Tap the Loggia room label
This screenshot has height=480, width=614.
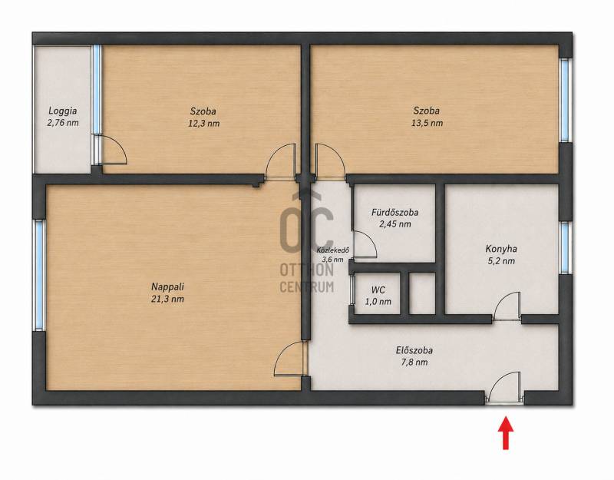(63, 111)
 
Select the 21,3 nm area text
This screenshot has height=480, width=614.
(167, 299)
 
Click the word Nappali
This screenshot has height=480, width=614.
(167, 286)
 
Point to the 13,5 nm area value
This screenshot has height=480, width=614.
(427, 123)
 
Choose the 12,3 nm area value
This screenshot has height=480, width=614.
(203, 124)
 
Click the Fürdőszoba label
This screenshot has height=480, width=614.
(394, 213)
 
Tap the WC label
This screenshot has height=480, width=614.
(378, 290)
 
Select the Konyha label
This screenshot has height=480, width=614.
(501, 249)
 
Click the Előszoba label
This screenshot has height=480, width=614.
(414, 350)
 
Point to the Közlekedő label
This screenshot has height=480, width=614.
(333, 250)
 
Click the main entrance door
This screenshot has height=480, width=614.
(504, 387)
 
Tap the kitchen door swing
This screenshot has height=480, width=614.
(507, 306)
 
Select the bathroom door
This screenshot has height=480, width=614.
(365, 245)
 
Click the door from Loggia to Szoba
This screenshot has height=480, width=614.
(111, 149)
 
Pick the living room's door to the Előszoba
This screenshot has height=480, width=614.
(290, 359)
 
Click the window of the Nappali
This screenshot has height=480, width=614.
(39, 275)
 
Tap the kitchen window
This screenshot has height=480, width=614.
(564, 247)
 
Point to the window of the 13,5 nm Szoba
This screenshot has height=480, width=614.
(564, 101)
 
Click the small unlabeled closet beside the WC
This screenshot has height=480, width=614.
(421, 293)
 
